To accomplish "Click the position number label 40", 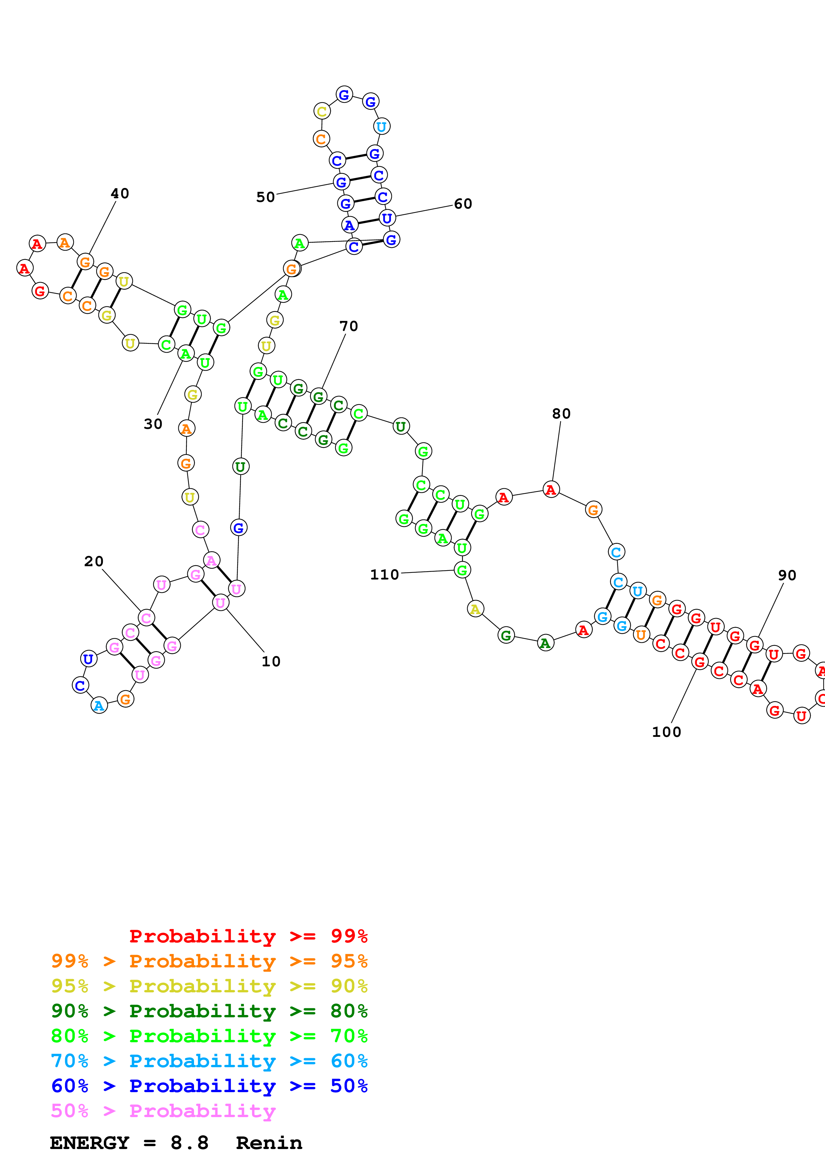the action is (x=120, y=194).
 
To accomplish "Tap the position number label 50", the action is (x=265, y=197).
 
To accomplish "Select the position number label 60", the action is (x=463, y=204).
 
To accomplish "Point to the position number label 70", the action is (x=349, y=326).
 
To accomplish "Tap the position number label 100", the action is (x=666, y=732).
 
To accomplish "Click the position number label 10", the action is (x=271, y=661).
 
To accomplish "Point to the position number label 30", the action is (x=153, y=424).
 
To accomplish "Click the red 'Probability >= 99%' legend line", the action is (x=249, y=936).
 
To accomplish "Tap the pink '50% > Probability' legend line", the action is (x=163, y=1111).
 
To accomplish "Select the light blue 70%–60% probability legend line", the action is (x=209, y=1061).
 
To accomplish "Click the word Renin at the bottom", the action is (x=269, y=1143).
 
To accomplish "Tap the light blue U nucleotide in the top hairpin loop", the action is (x=381, y=126).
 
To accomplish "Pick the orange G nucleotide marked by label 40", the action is (x=85, y=262).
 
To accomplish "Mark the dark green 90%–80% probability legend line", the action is (x=209, y=1011).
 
